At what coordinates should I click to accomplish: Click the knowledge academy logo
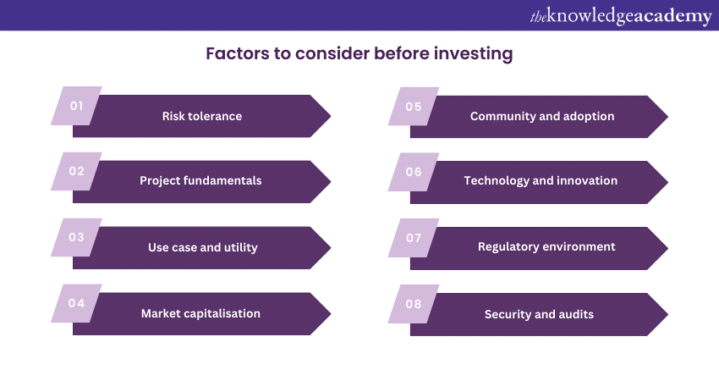tap(621, 16)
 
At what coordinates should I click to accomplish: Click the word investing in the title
tap(473, 54)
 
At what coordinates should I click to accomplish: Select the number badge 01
tap(77, 106)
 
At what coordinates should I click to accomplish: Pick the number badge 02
tap(77, 171)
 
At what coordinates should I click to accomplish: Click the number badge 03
tap(77, 237)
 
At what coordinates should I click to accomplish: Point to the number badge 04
tap(77, 303)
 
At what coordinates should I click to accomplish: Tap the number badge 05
tap(414, 107)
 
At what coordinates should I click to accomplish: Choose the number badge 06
tap(414, 172)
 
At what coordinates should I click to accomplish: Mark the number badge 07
tap(414, 238)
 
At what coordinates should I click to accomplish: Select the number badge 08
tap(414, 304)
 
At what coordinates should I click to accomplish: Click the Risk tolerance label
tap(202, 116)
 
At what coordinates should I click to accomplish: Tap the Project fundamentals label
tap(200, 181)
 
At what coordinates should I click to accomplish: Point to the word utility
tap(240, 247)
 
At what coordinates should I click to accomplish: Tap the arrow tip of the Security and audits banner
tap(667, 314)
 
